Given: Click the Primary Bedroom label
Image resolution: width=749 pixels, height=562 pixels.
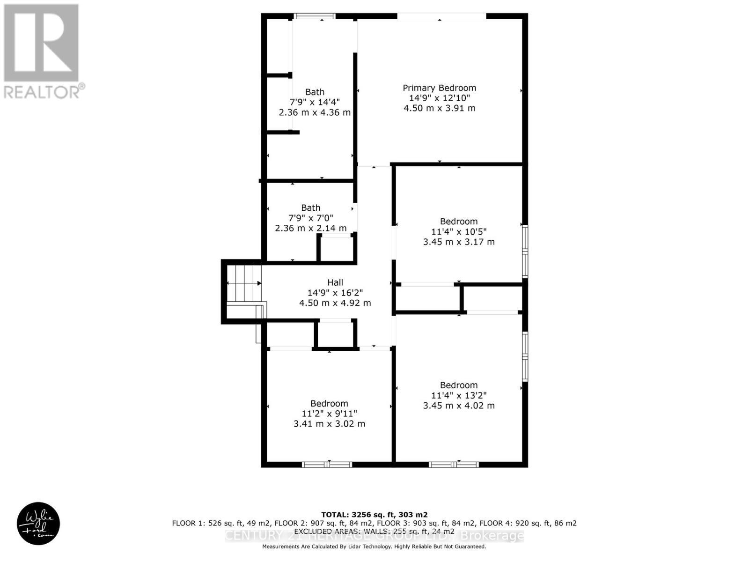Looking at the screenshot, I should (x=439, y=88).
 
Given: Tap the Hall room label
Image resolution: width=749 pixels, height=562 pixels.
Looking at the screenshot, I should (x=335, y=282).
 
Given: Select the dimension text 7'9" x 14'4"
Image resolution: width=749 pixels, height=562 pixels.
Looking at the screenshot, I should (x=315, y=102).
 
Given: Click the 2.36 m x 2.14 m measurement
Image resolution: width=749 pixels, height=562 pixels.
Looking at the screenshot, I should (x=311, y=228).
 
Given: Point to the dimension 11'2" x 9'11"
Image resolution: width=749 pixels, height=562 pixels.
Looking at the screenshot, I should (x=329, y=414).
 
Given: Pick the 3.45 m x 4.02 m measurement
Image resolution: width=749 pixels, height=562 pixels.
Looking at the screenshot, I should (x=459, y=406).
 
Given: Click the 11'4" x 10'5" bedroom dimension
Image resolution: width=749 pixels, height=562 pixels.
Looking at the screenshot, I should (x=459, y=231).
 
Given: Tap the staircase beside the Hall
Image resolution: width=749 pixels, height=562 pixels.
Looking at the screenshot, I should (x=244, y=283).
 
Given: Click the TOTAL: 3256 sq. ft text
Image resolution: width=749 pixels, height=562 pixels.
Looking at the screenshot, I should (x=374, y=515).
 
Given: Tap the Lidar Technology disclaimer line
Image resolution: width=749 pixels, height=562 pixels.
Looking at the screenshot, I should (x=374, y=547).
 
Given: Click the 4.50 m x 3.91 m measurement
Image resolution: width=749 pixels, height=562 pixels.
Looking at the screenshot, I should (x=439, y=108).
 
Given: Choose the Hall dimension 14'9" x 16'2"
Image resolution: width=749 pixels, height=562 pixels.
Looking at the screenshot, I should (x=335, y=293).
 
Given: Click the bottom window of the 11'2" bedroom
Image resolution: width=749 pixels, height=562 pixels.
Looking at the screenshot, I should (x=327, y=465).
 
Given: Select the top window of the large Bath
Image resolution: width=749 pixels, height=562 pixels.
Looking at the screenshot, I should (x=315, y=16).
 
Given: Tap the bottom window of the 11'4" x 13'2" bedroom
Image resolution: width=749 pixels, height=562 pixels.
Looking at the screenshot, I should (x=454, y=465).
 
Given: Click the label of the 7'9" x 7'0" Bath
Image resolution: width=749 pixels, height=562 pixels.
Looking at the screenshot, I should (x=311, y=207).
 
